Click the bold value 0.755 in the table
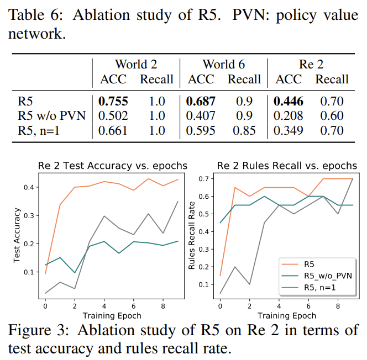pos(113,102)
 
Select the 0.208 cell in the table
pos(289,116)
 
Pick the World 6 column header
pos(224,65)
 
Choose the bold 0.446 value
pos(289,102)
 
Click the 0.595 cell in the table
pos(201,131)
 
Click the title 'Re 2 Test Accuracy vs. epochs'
pos(112,166)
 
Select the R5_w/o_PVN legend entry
pos(328,274)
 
